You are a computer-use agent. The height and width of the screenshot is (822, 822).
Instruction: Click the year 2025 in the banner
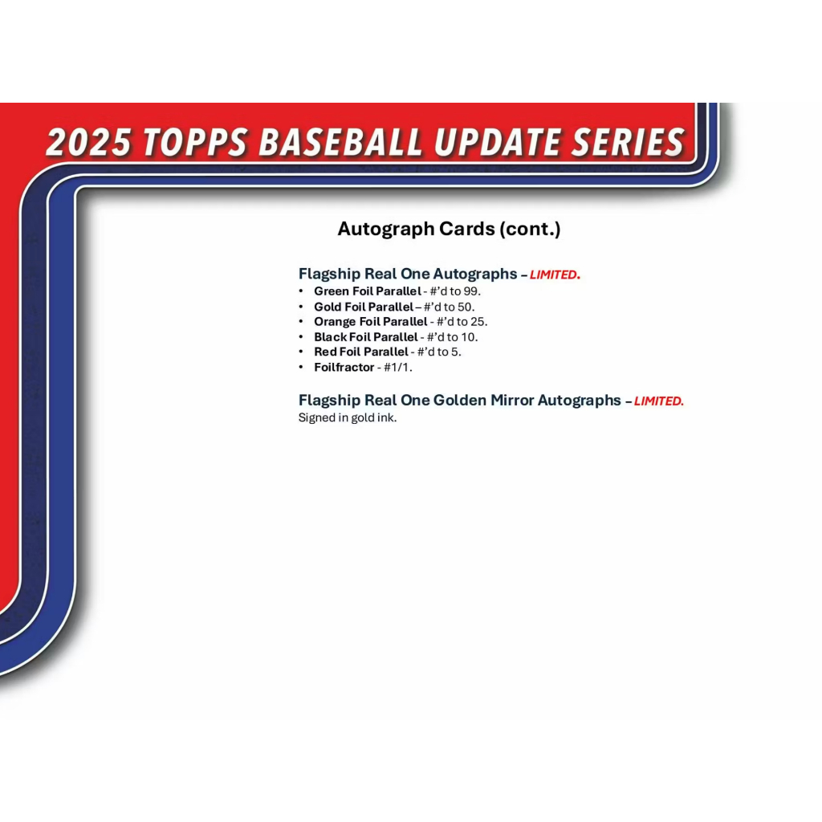coord(88,142)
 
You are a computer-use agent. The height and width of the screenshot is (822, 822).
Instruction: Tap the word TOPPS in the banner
coord(195,142)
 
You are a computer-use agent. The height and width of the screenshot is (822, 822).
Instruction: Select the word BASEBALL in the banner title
coord(340,142)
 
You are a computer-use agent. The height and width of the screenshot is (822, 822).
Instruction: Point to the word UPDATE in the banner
coord(497,142)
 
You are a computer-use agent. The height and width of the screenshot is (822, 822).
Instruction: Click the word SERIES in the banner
coord(628,142)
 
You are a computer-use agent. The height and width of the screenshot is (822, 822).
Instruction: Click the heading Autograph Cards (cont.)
coord(449,229)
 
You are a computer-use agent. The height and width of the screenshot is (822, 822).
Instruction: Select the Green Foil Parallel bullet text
coord(368,291)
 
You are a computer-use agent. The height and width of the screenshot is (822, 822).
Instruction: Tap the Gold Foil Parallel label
coord(364,307)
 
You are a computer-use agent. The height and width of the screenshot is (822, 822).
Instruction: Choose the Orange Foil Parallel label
coord(371,322)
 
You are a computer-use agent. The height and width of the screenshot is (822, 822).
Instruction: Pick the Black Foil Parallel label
coord(366,337)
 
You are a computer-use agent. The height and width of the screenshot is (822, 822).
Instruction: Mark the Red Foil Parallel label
coord(361,352)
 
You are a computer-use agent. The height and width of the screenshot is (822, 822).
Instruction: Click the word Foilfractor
coord(344,368)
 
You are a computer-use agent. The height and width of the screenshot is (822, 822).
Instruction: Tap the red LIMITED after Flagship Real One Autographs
coord(555,275)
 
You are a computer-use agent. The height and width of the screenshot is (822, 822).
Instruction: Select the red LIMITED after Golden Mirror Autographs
coord(659,401)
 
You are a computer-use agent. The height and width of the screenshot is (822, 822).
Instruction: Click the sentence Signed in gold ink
coord(348,417)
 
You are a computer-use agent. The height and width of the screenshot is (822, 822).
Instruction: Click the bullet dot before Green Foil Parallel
coord(301,291)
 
